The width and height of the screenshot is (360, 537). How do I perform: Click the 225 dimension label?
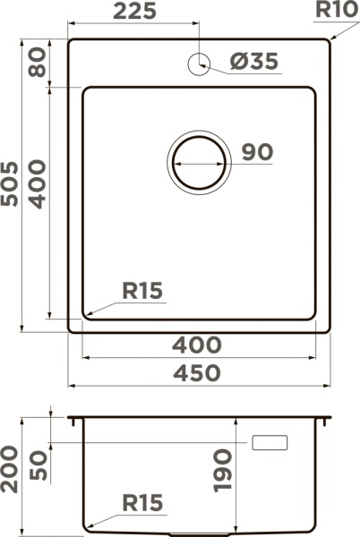[x=134, y=11]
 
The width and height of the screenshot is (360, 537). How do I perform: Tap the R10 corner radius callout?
[x=337, y=9]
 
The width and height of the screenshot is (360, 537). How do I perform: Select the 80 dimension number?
[x=37, y=62]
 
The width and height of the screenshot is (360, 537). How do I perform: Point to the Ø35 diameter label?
[x=253, y=61]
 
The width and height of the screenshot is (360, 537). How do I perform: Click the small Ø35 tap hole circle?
[x=199, y=64]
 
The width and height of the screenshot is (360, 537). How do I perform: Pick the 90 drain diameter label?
[x=258, y=152]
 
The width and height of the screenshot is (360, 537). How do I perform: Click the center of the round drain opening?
[x=199, y=163]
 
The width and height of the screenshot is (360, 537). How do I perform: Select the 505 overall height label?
[x=10, y=183]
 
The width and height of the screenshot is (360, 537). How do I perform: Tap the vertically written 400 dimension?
[x=37, y=183]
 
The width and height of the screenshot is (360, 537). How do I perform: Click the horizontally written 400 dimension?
[x=197, y=345]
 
